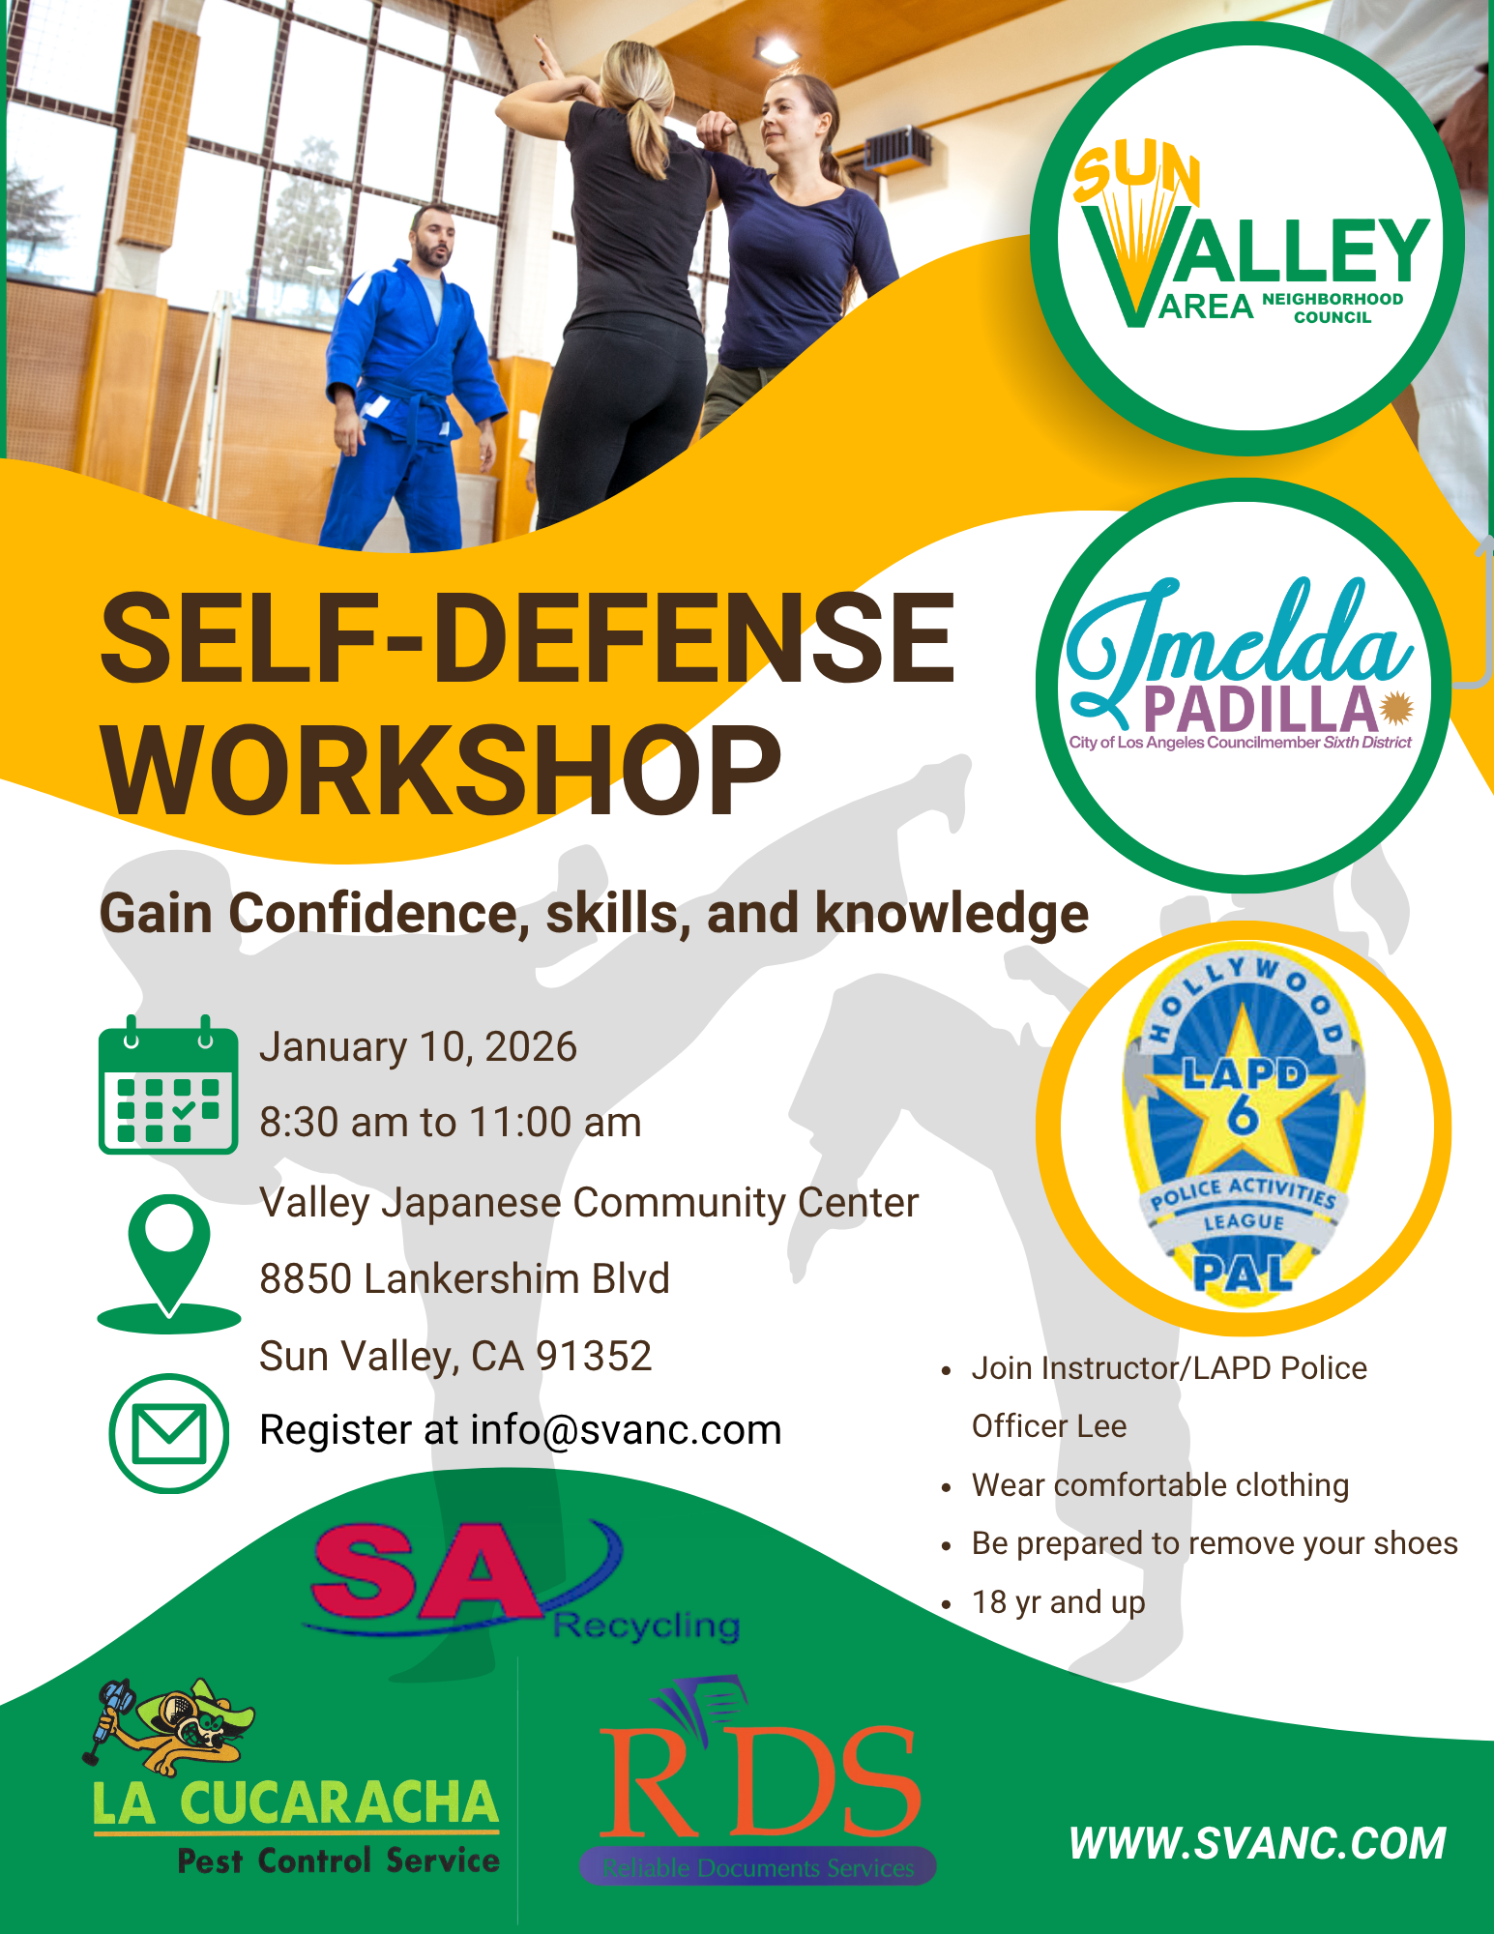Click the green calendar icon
pyautogui.click(x=168, y=1084)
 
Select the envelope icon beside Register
pyautogui.click(x=169, y=1433)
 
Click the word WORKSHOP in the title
pyautogui.click(x=442, y=771)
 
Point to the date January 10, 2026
pyautogui.click(x=419, y=1047)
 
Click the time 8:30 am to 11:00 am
pyautogui.click(x=451, y=1123)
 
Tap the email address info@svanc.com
pyautogui.click(x=626, y=1430)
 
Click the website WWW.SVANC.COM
pyautogui.click(x=1258, y=1843)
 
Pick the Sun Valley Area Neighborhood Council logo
pyautogui.click(x=1247, y=239)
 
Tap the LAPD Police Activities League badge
pyautogui.click(x=1244, y=1128)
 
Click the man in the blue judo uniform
pyautogui.click(x=411, y=382)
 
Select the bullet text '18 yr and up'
pyautogui.click(x=1058, y=1602)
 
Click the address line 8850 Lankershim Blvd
pyautogui.click(x=464, y=1278)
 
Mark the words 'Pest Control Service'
pyautogui.click(x=338, y=1861)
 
